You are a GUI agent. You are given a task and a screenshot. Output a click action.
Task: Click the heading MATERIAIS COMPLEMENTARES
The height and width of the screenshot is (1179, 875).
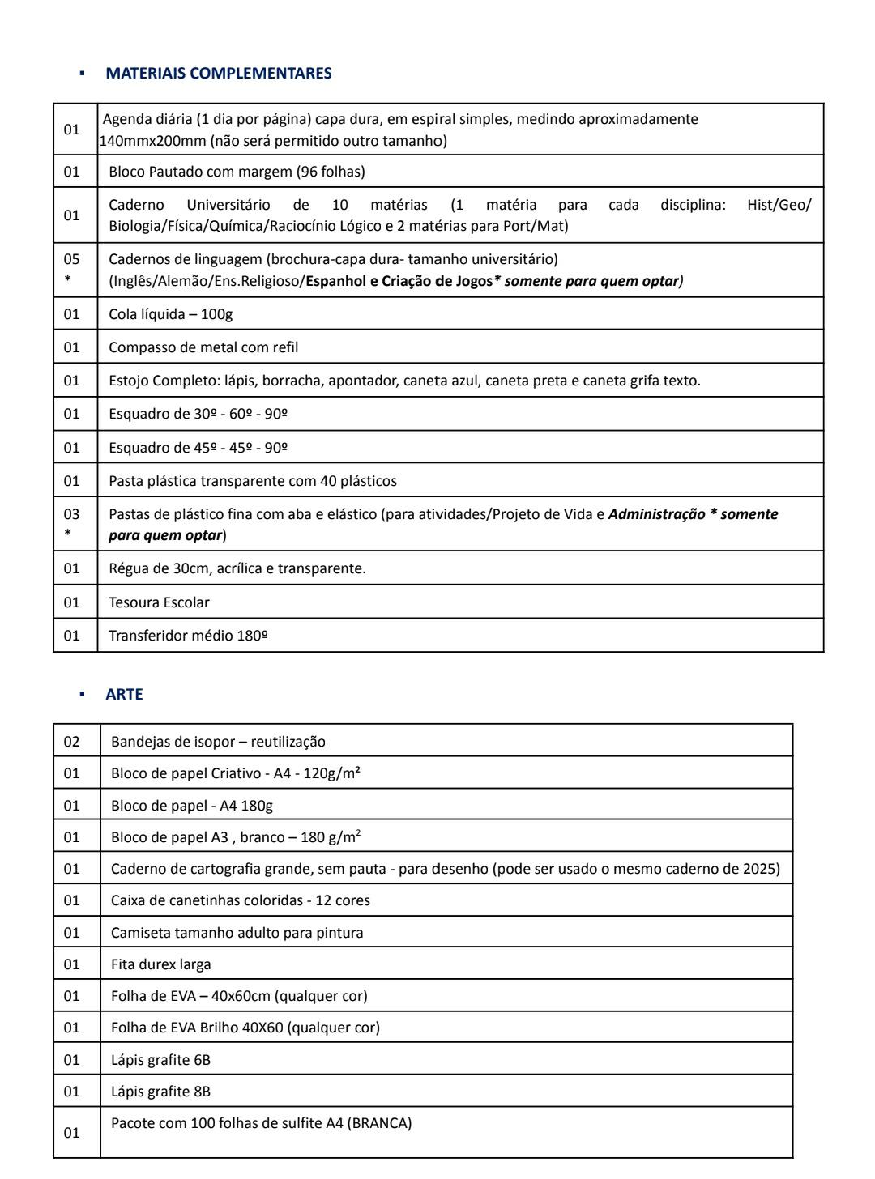218,73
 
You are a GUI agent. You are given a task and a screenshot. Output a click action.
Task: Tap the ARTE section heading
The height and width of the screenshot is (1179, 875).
124,694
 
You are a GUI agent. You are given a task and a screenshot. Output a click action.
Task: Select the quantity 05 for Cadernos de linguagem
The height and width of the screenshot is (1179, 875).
72,259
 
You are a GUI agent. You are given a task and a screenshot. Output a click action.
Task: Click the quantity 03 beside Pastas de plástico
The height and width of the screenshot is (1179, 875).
72,514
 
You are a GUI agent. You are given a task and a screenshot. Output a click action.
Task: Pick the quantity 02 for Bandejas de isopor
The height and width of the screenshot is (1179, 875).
72,741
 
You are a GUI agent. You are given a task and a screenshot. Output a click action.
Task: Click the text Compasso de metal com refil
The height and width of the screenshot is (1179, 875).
203,347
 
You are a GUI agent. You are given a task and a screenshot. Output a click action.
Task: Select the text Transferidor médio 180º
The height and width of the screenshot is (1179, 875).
188,636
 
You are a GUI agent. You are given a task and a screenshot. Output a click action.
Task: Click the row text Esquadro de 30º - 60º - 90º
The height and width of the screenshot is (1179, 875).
198,414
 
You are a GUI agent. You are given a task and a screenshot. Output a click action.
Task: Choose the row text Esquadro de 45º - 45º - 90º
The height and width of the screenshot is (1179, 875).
198,448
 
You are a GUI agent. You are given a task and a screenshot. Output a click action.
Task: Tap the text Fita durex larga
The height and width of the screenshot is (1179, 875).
160,964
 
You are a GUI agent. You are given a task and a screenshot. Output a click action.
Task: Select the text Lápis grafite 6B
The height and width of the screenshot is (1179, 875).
160,1060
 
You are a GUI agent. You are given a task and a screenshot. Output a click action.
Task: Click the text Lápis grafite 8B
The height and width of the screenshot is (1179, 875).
160,1092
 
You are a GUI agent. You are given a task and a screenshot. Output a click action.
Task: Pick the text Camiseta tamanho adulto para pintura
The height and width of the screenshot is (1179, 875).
237,933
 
